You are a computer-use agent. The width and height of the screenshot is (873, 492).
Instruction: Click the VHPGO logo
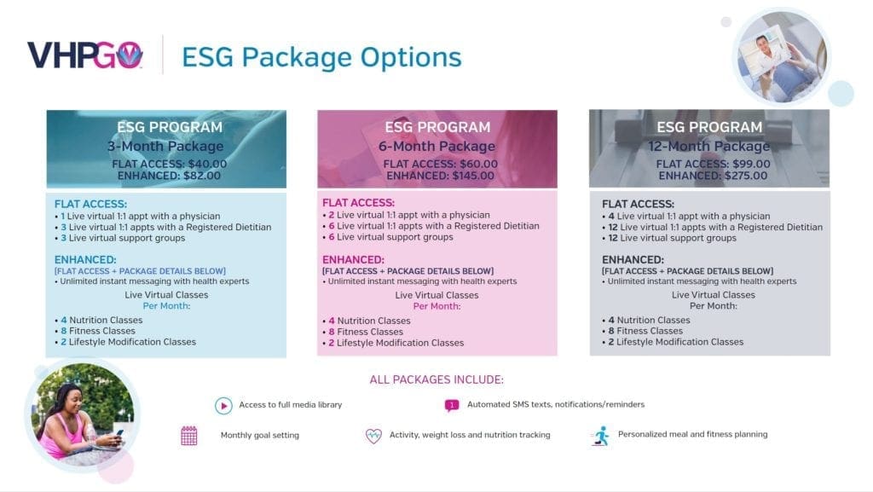click(x=84, y=55)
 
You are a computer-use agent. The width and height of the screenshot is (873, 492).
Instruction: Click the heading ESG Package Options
click(x=321, y=57)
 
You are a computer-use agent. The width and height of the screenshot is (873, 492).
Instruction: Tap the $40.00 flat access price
click(x=207, y=164)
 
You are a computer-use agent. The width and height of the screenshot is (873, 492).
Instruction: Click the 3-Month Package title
click(x=165, y=146)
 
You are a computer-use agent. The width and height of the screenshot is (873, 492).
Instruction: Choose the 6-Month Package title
click(x=436, y=146)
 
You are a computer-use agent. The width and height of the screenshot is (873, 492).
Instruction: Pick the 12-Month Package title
click(x=708, y=146)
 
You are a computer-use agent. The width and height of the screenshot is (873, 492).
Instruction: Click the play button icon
click(x=224, y=406)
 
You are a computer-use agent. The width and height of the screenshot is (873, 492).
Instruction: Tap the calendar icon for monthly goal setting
click(x=188, y=435)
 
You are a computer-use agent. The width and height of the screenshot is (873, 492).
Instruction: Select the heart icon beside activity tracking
click(x=373, y=435)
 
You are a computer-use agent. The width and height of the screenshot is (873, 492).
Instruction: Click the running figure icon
click(x=600, y=436)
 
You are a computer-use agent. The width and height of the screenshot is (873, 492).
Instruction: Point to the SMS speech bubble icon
click(x=452, y=405)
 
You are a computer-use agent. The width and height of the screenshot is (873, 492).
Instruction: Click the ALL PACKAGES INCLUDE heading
click(x=436, y=379)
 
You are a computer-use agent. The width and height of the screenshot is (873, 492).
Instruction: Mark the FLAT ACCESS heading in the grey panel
click(x=638, y=204)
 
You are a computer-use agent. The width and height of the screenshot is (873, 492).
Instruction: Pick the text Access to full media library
click(x=291, y=405)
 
